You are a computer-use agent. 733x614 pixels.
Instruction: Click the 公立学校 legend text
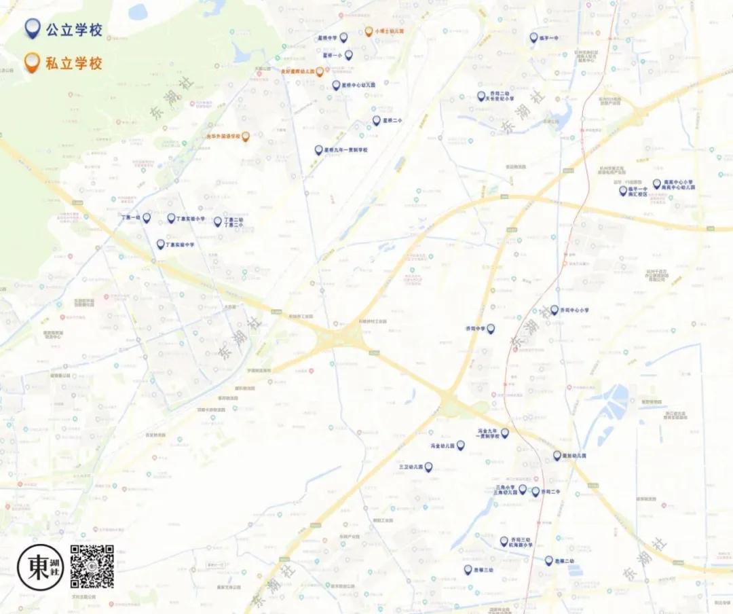click(74, 29)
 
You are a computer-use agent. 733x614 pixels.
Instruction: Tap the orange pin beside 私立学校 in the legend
click(31, 63)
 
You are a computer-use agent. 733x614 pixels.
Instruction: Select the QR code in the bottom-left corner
click(92, 566)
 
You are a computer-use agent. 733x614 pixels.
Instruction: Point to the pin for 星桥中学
click(343, 37)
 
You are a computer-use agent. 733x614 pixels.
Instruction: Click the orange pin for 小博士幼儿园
click(369, 31)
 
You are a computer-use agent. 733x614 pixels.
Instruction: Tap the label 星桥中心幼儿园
click(359, 86)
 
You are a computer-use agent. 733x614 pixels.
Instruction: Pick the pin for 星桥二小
click(376, 120)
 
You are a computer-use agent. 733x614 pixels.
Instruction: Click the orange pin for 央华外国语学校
click(246, 136)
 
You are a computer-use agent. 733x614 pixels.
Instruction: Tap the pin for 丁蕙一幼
click(147, 217)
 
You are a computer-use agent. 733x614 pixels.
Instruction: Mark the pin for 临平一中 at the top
click(534, 37)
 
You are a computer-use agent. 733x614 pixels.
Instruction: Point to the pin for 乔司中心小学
click(554, 310)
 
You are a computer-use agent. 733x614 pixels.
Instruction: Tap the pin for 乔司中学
click(491, 328)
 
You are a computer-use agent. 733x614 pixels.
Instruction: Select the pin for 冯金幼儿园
click(460, 445)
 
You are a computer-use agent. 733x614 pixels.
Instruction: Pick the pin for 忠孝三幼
click(468, 569)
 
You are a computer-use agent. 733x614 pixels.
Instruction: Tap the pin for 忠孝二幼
click(548, 560)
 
